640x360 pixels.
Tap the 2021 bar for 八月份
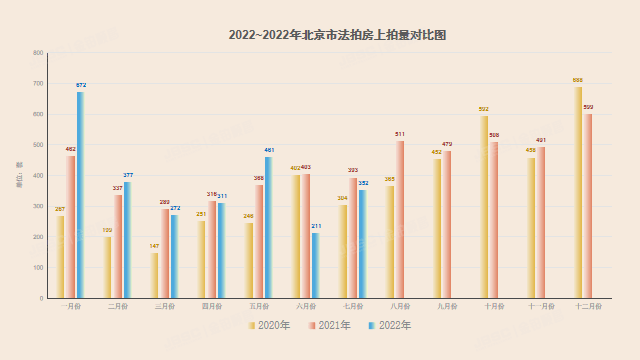[x=400, y=219]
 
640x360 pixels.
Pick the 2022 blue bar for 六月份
[x=316, y=265]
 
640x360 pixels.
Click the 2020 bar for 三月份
[x=155, y=275]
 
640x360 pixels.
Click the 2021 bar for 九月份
[x=447, y=224]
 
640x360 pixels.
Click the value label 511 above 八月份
[x=400, y=134]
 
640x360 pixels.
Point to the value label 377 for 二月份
[x=128, y=175]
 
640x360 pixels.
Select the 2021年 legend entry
[x=329, y=325]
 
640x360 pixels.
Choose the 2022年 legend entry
[x=389, y=325]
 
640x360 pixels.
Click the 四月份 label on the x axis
[x=212, y=307]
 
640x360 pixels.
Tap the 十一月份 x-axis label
[x=541, y=307]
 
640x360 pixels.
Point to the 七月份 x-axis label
[x=353, y=307]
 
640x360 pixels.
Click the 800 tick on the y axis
[x=38, y=53]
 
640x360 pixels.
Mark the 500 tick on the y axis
[x=38, y=145]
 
